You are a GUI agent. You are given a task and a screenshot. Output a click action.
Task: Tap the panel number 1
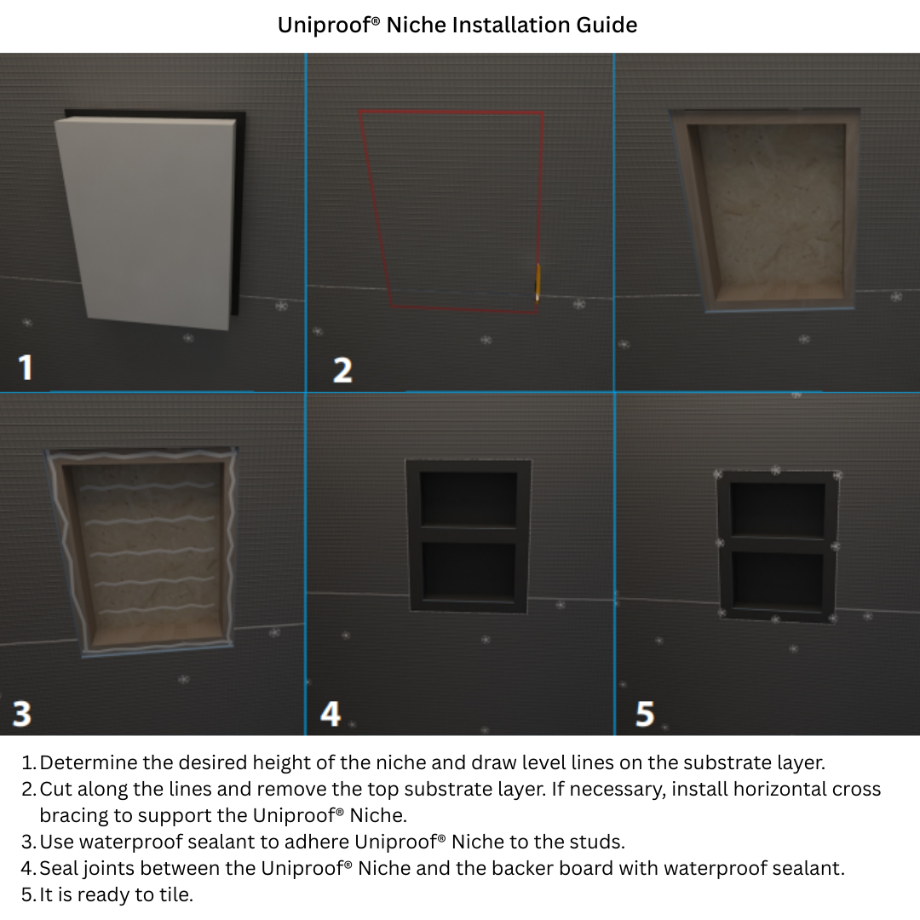click(x=26, y=367)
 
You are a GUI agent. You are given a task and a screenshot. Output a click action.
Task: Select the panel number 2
click(x=342, y=370)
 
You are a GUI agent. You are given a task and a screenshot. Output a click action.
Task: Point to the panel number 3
click(x=22, y=713)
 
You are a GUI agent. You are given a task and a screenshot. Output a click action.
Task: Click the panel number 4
click(x=330, y=713)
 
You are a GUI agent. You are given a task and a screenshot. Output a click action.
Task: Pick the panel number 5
click(x=645, y=713)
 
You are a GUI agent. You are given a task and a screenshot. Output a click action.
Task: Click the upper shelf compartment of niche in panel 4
click(x=469, y=498)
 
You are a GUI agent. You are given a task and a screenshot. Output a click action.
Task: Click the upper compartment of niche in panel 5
click(x=777, y=509)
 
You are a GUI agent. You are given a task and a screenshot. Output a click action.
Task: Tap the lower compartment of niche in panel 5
click(x=777, y=581)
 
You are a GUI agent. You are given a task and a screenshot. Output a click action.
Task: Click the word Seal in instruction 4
click(x=59, y=868)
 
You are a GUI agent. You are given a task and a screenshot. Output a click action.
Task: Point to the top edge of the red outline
click(x=451, y=112)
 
